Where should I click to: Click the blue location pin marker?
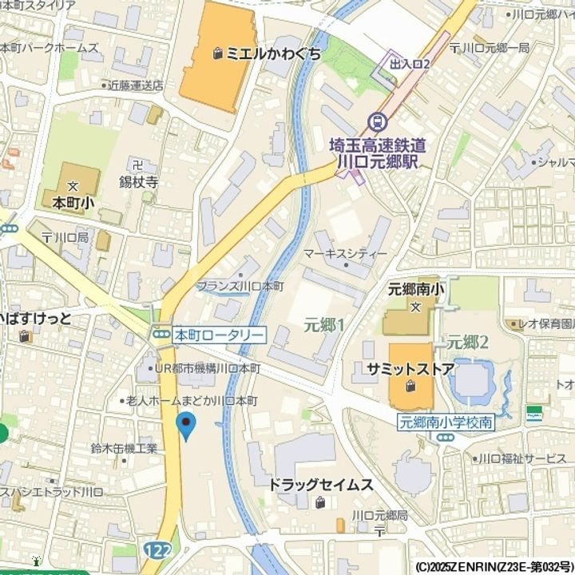[185, 426]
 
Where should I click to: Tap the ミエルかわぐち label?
[273, 54]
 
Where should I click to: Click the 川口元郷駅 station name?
[379, 161]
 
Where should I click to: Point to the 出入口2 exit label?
[410, 62]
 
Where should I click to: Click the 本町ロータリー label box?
[219, 335]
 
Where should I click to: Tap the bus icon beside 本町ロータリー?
[162, 335]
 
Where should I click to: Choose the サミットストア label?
[410, 369]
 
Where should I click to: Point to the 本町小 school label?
[73, 203]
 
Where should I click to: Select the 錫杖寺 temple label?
[139, 183]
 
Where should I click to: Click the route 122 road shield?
[157, 551]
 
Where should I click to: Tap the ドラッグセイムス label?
[320, 485]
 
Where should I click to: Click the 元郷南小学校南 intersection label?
[446, 422]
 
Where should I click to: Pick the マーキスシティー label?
[345, 253]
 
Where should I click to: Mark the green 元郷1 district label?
[324, 324]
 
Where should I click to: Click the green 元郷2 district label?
[467, 342]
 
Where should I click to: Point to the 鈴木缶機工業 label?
[124, 448]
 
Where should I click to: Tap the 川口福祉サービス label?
[521, 458]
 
